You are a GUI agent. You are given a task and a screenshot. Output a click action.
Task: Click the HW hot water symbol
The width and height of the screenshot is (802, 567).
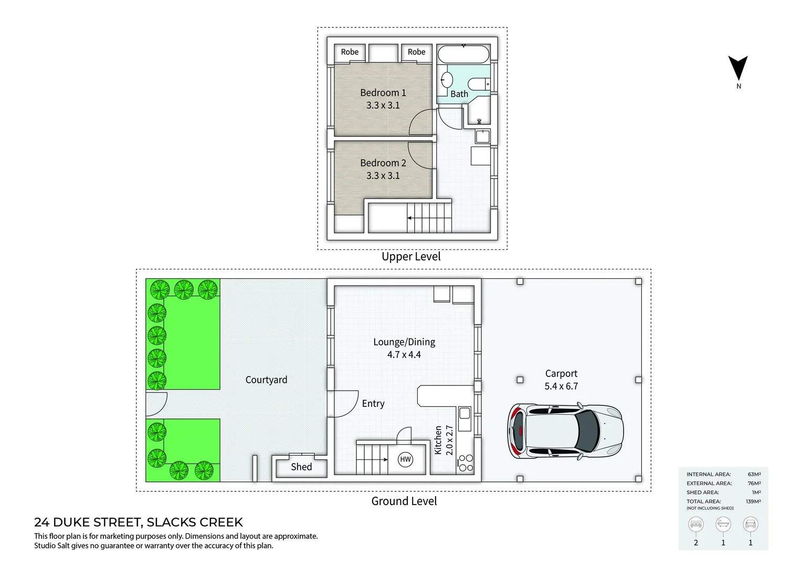click(x=405, y=459)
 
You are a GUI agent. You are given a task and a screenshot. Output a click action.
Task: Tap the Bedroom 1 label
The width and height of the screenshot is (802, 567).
click(x=383, y=93)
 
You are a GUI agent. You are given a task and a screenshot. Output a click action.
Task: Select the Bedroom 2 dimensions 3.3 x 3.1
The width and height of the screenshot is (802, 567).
click(x=383, y=176)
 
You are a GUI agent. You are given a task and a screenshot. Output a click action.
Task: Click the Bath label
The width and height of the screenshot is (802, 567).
click(x=459, y=94)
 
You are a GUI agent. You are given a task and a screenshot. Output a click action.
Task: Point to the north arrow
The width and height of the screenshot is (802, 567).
click(x=737, y=69)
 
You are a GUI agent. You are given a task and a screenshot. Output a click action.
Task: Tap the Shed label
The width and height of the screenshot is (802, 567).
click(x=301, y=467)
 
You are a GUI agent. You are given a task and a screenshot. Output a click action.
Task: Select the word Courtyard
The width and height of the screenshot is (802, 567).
click(x=266, y=380)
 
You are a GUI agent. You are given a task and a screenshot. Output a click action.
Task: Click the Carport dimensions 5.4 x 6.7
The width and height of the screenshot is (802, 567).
click(x=561, y=386)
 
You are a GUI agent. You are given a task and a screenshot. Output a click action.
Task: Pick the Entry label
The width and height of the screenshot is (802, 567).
click(x=373, y=404)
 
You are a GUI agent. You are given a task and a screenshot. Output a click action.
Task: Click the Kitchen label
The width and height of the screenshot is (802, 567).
click(x=438, y=440)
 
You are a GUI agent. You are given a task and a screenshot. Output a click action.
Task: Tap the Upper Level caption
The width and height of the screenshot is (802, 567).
click(x=411, y=257)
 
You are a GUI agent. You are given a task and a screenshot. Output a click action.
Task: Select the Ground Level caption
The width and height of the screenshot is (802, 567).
click(x=404, y=501)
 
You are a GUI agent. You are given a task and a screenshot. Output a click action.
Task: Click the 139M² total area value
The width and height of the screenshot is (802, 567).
click(x=753, y=501)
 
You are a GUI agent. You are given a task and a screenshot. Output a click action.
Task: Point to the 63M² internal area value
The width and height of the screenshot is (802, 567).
click(x=754, y=474)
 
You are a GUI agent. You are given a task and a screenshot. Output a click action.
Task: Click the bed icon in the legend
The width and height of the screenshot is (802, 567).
click(x=696, y=524)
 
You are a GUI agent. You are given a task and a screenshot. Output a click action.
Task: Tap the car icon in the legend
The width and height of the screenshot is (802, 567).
click(x=751, y=524)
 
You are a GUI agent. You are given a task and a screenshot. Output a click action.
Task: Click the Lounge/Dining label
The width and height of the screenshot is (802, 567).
click(x=404, y=342)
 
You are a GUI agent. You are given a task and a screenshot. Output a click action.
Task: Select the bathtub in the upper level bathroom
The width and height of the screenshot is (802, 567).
click(x=463, y=54)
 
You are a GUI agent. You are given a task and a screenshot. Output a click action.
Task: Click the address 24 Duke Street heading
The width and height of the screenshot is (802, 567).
click(x=139, y=522)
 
